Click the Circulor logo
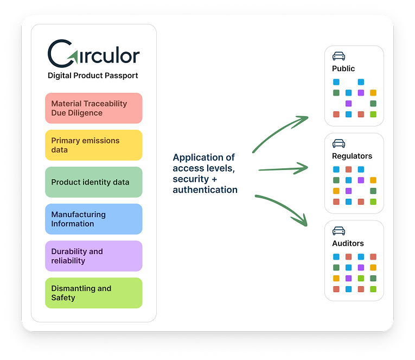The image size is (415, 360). pos(93,53)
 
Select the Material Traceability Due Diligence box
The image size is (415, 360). pos(93,108)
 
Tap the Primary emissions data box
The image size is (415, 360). pos(93,145)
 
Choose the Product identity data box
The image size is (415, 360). pos(93,182)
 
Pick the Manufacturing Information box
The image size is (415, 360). pos(93,219)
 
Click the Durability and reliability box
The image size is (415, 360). pos(93,256)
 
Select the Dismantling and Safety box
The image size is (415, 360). pos(93,293)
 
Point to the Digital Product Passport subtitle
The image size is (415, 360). pos(93,75)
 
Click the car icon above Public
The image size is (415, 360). pos(339,56)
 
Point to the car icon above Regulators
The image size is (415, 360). pos(339,143)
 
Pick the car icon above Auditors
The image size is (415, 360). pos(339,231)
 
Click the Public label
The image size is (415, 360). pos(343,68)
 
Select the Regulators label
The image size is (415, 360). pos(352,156)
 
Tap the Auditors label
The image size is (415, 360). pos(348,243)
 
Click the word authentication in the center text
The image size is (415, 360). pos(205,190)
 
